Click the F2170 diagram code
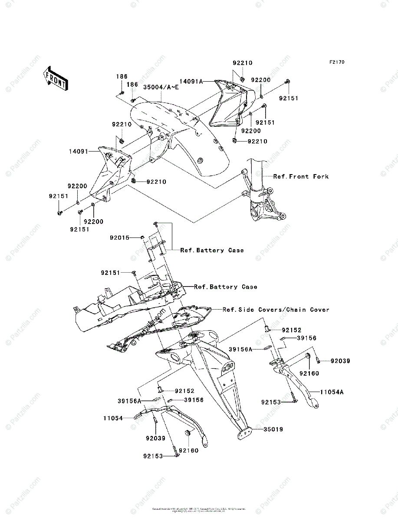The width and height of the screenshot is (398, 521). (x=336, y=63)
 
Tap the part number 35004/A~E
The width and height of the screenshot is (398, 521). (x=161, y=87)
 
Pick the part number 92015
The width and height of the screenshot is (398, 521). (x=120, y=237)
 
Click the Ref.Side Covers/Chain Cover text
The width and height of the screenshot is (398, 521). (x=276, y=310)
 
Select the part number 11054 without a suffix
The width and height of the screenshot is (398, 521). (x=113, y=418)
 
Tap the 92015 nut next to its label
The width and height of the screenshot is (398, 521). (x=142, y=237)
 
